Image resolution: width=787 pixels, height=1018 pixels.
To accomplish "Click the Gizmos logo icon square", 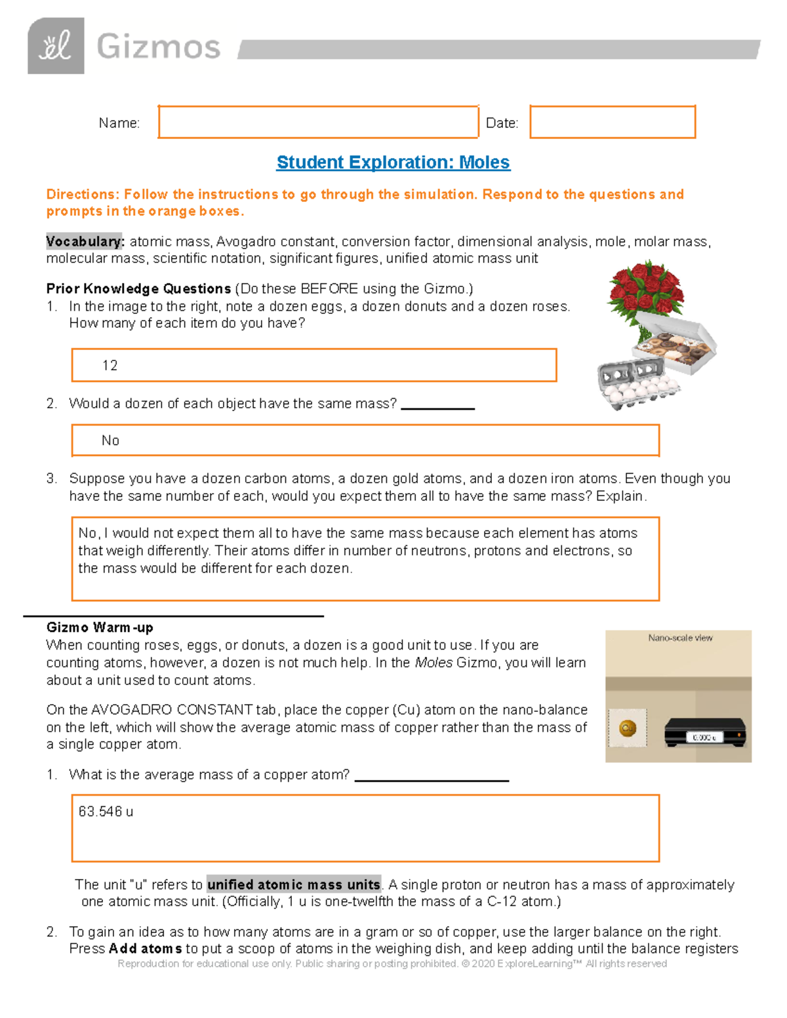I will [x=56, y=46].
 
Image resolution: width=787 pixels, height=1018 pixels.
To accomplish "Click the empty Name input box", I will [x=318, y=122].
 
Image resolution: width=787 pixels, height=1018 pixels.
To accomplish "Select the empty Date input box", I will [x=612, y=122].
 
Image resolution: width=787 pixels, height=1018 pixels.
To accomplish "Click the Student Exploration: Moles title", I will [x=393, y=162].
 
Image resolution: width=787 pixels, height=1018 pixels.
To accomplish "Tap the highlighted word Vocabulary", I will [x=85, y=241].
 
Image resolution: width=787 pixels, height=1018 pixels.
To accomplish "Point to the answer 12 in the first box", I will [x=110, y=365].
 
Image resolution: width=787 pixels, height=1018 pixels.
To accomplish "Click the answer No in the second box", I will [x=110, y=440].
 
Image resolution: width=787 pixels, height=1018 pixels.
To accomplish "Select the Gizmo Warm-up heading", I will [x=100, y=627].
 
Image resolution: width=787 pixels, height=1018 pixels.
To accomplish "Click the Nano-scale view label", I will [x=680, y=638].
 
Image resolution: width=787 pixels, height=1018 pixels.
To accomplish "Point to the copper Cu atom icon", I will [x=628, y=728].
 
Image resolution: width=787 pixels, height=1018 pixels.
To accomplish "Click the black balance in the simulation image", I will [x=705, y=732].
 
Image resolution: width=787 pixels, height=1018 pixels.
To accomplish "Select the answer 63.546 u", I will [x=106, y=812].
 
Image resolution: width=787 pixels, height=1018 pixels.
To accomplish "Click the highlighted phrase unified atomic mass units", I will [x=294, y=884].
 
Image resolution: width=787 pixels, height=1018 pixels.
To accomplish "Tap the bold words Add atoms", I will [x=146, y=949].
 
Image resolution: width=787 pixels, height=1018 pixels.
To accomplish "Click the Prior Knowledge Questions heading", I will [x=138, y=288].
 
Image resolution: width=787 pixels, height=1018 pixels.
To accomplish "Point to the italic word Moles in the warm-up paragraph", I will [x=434, y=663].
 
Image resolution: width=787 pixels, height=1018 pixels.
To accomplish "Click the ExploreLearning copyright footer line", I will [x=392, y=964].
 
